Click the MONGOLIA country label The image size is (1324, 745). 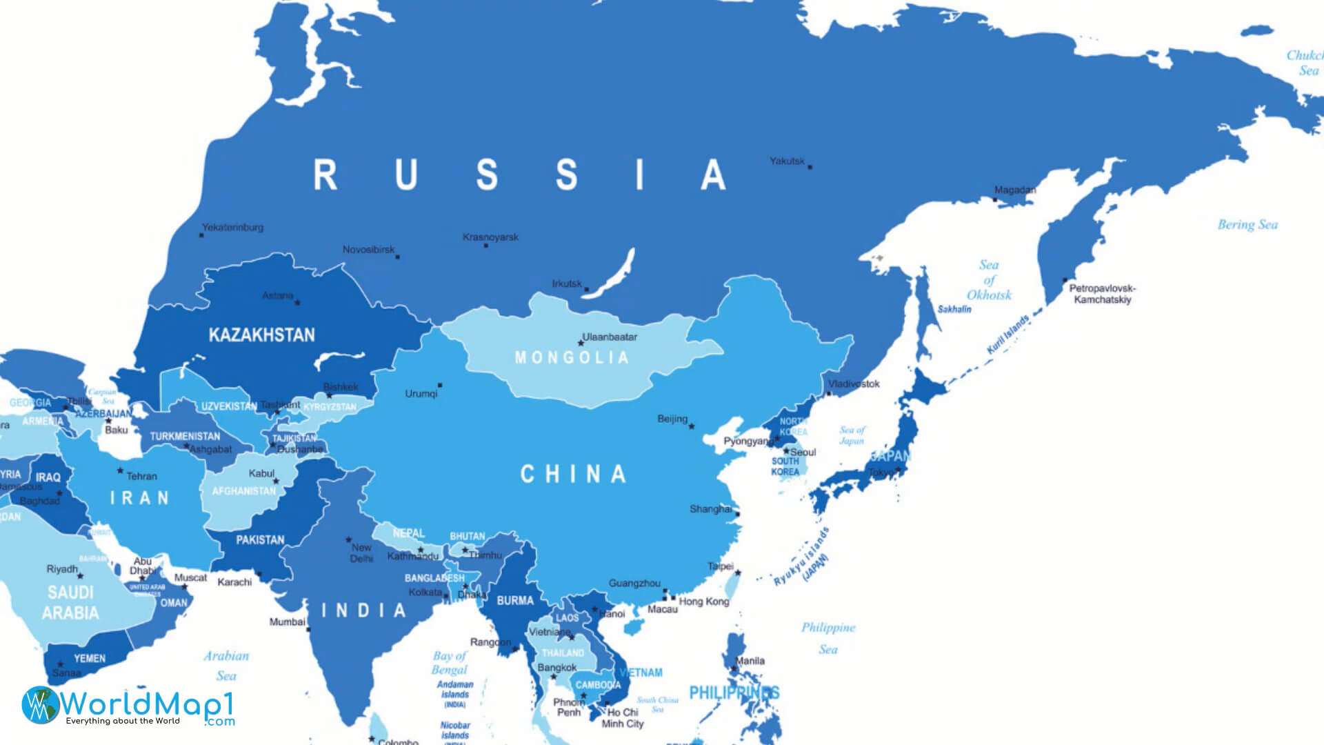click(572, 357)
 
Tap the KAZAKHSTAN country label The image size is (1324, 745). click(261, 335)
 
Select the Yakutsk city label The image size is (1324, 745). click(788, 161)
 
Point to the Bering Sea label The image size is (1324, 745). click(1247, 224)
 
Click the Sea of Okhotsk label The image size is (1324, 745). click(989, 280)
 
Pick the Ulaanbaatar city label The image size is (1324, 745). click(610, 337)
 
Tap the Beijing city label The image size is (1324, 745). click(672, 419)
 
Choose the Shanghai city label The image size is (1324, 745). click(710, 509)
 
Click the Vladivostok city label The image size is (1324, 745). click(854, 384)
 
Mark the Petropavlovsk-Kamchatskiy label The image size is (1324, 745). click(1102, 294)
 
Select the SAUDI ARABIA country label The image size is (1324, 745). click(70, 602)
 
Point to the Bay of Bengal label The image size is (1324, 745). click(450, 662)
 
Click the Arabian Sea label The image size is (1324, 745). click(226, 666)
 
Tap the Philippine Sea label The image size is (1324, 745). click(828, 638)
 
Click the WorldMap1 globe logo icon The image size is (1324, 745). click(40, 705)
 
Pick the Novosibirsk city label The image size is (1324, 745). click(369, 249)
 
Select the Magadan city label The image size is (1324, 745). click(1014, 190)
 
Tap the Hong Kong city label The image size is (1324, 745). click(704, 602)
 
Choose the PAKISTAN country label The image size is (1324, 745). click(260, 539)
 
